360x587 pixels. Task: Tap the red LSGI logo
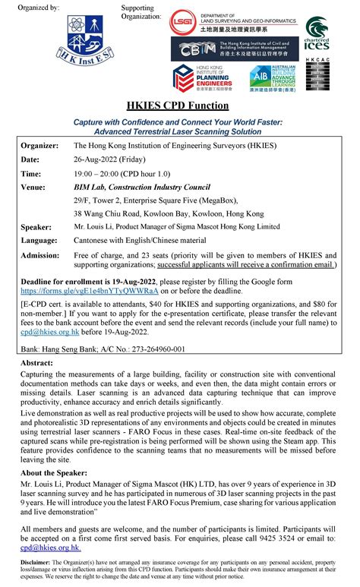183,22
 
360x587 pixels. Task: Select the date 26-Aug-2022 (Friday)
110,159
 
